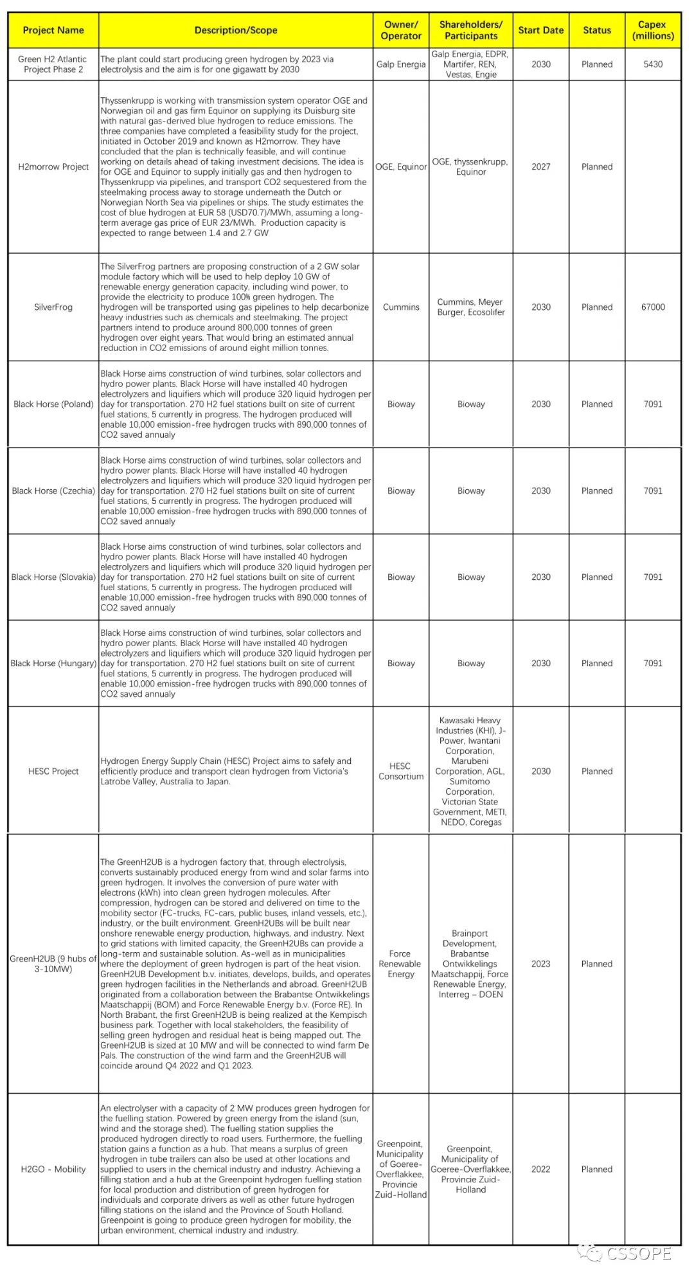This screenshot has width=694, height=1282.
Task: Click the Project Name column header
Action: click(53, 30)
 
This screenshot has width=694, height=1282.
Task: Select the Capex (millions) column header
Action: click(652, 30)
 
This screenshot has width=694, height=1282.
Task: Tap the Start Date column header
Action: click(540, 30)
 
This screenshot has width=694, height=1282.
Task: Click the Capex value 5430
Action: click(652, 64)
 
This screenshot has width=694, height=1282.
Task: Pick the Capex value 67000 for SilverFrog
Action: click(652, 307)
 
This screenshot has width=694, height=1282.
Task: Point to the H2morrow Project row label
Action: click(53, 167)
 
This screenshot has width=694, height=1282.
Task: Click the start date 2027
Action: click(540, 167)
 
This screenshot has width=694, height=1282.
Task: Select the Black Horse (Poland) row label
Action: click(53, 404)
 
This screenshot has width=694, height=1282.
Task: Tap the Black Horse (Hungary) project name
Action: click(53, 664)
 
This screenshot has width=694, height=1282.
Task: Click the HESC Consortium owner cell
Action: click(400, 772)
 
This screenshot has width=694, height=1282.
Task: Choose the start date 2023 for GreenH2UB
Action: click(540, 964)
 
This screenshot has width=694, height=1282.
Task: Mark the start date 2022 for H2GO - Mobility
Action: click(540, 1169)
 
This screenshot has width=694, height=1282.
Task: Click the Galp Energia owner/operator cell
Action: click(400, 64)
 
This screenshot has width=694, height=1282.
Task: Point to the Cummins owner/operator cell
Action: click(400, 307)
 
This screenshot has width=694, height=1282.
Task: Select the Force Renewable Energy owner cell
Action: click(400, 964)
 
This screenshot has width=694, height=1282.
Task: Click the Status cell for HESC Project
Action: click(596, 772)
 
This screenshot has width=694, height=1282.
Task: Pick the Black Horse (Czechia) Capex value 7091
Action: click(652, 491)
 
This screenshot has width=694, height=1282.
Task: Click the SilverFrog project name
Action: click(53, 307)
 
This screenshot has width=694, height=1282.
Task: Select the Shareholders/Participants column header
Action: click(470, 30)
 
